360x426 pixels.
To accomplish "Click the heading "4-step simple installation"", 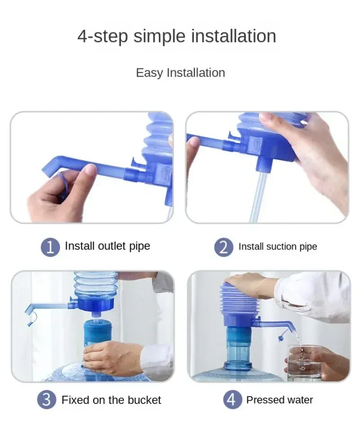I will [x=176, y=36].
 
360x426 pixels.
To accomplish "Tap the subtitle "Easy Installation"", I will [x=180, y=73].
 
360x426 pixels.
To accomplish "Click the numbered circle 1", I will [x=50, y=247].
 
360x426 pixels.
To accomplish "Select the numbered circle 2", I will [x=224, y=247].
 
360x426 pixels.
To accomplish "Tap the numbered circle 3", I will [x=47, y=400].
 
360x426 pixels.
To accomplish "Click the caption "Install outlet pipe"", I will [x=107, y=246].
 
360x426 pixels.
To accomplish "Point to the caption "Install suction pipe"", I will [x=278, y=247].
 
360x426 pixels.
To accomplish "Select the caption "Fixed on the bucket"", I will [x=111, y=400].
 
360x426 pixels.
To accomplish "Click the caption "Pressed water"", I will [x=279, y=400].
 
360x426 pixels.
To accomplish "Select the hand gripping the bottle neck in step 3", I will [x=110, y=358].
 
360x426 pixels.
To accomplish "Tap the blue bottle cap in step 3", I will [x=98, y=331].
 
